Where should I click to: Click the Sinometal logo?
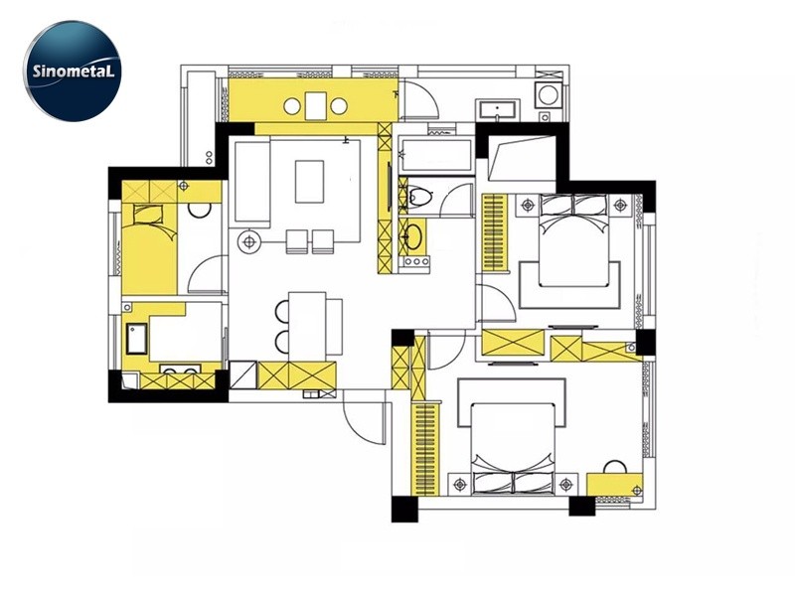click(73, 72)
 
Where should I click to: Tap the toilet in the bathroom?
click(418, 195)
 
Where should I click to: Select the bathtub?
click(437, 155)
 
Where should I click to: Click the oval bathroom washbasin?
click(412, 236)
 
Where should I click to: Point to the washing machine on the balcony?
click(549, 94)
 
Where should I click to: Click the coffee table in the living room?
click(309, 182)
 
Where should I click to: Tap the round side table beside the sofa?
click(249, 242)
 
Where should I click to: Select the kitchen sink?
click(137, 339)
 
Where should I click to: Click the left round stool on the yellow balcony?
click(292, 106)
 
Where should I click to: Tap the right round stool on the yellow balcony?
click(339, 106)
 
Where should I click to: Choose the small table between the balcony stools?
click(315, 105)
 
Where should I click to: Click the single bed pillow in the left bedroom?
click(147, 215)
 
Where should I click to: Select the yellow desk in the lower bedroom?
click(614, 484)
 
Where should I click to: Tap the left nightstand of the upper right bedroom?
click(529, 206)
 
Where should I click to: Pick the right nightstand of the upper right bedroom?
click(620, 206)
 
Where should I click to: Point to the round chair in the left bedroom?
click(200, 210)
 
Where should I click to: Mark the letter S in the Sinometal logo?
click(37, 71)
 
